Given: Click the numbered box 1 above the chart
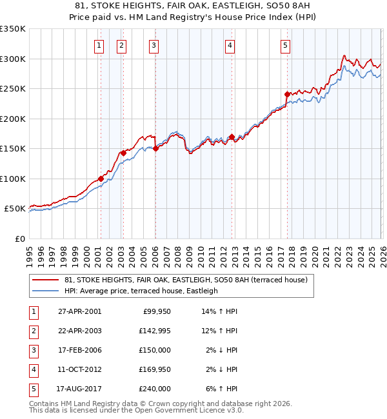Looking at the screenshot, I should pos(99,45).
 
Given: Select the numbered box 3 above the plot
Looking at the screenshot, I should pos(154,45).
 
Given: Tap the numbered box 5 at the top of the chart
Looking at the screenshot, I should pos(285,45).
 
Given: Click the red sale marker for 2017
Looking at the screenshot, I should pos(287,94).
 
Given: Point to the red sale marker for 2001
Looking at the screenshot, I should pos(101,179).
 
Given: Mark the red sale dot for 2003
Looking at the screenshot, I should pos(123,153).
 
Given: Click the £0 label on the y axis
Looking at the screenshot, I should pos(20,239).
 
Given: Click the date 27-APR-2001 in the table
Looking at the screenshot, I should pos(79,311).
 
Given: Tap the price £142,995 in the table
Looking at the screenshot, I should pos(155,331).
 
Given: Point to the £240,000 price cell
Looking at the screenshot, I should pos(155,389).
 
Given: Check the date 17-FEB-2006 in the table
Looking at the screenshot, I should pos(79,350).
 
